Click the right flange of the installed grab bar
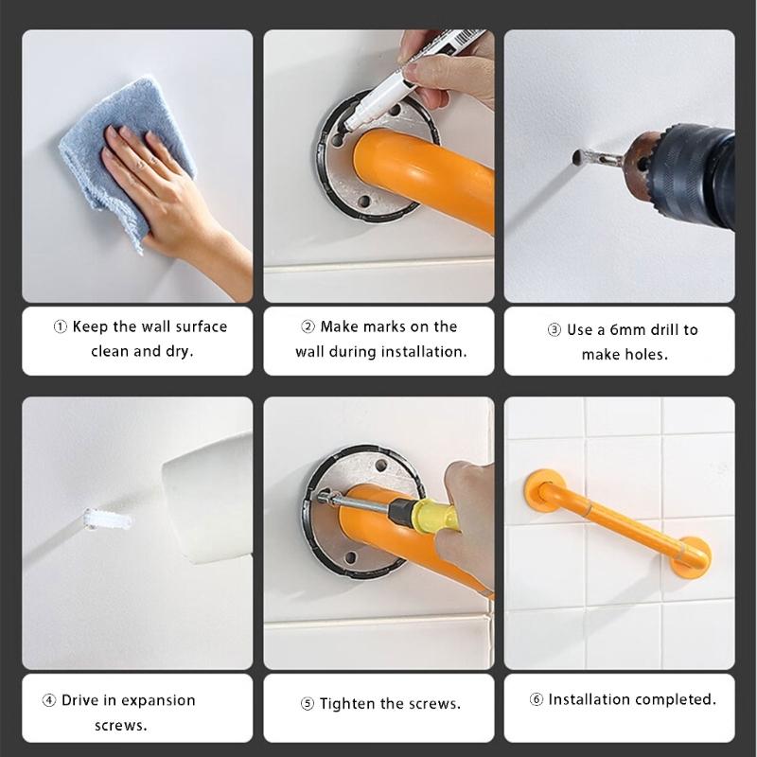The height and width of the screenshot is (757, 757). (690, 557)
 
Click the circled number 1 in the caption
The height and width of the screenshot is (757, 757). (60, 326)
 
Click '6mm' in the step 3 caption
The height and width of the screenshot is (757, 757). (628, 330)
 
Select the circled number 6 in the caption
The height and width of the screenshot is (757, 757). (536, 700)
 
